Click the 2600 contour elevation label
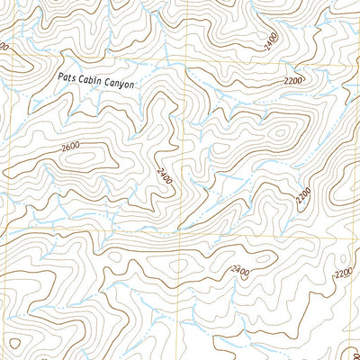(x=70, y=146)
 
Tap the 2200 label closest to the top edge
(x=293, y=81)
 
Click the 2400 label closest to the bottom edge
(x=240, y=270)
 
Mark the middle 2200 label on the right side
(x=304, y=193)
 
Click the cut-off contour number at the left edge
(x=4, y=45)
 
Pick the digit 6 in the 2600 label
(x=67, y=146)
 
